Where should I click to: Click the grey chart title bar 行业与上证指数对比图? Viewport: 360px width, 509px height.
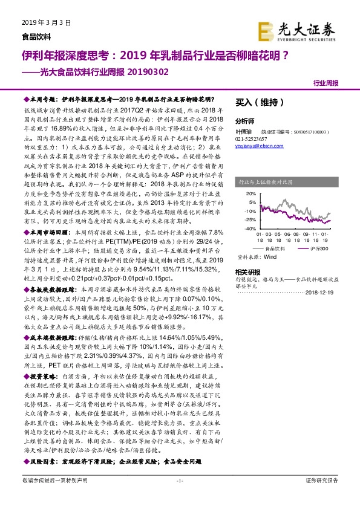click(284, 180)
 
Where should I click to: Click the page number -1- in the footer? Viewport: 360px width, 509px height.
click(179, 498)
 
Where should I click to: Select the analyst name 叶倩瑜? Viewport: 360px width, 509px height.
click(244, 131)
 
